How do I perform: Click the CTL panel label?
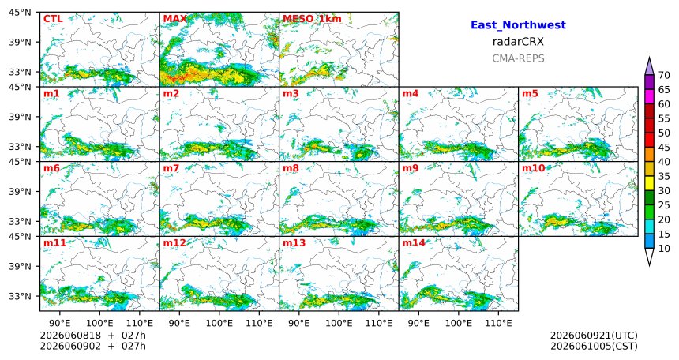pyautogui.click(x=53, y=19)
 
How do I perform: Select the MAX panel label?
pyautogui.click(x=175, y=19)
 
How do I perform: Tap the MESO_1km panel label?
pyautogui.click(x=312, y=19)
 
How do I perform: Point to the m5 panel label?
pyautogui.click(x=530, y=94)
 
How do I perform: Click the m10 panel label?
pyautogui.click(x=533, y=168)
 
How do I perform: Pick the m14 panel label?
pyautogui.click(x=414, y=243)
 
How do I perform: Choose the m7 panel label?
pyautogui.click(x=171, y=168)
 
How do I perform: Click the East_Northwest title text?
pyautogui.click(x=518, y=25)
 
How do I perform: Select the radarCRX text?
pyautogui.click(x=518, y=42)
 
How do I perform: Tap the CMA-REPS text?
pyautogui.click(x=518, y=58)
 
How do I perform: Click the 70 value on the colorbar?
pyautogui.click(x=664, y=75)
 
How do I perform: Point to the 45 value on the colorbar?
pyautogui.click(x=664, y=148)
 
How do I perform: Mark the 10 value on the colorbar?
pyautogui.click(x=664, y=249)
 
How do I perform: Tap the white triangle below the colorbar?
pyautogui.click(x=649, y=256)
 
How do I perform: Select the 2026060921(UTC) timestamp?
pyautogui.click(x=594, y=336)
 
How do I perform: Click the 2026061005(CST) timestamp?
pyautogui.click(x=594, y=347)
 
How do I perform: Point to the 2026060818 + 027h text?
pyautogui.click(x=92, y=336)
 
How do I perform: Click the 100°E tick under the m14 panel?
pyautogui.click(x=458, y=323)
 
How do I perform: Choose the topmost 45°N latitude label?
pyautogui.click(x=20, y=13)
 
